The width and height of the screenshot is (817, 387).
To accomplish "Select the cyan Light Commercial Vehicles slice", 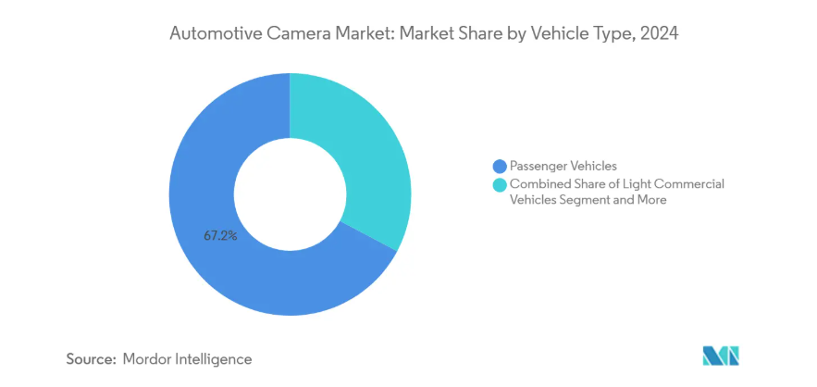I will pos(365,157).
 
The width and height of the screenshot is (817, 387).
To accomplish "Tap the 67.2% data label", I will pos(221,236).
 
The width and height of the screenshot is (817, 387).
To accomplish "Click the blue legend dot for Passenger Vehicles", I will pos(501,167).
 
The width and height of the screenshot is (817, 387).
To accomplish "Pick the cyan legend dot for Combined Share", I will pos(501,184).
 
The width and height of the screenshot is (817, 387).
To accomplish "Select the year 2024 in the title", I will pos(659,35).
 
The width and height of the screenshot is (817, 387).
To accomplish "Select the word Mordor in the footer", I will pos(146,358).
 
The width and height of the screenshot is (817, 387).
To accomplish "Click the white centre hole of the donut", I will pos(290,194).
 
